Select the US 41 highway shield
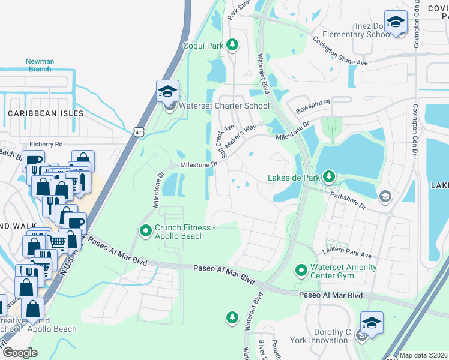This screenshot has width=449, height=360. (x=138, y=131)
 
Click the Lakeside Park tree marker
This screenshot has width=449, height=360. (x=328, y=176)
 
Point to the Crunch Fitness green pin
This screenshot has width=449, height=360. (x=145, y=230)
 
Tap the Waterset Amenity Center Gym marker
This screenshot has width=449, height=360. (x=301, y=271)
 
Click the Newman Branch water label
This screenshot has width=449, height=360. (x=40, y=65)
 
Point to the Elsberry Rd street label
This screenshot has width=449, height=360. (x=46, y=144)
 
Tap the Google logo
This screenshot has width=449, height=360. (x=20, y=353)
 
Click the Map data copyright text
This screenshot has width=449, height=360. (x=423, y=355)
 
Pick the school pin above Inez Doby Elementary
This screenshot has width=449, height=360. (x=396, y=23)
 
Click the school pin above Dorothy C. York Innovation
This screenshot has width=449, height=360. (x=372, y=323)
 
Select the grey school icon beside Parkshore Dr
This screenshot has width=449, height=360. (x=385, y=197)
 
